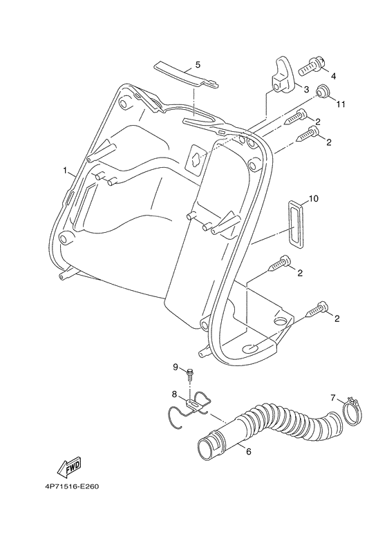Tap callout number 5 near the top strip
coord(198,64)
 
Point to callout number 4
coord(333,75)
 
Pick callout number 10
coord(313,199)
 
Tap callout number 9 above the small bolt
coord(176,366)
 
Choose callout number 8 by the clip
coord(176,394)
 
